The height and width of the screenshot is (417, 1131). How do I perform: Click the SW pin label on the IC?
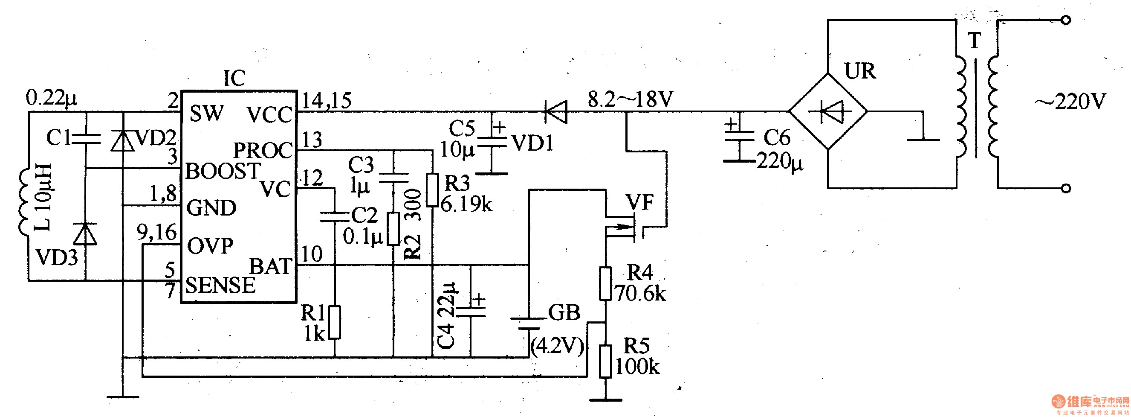207,114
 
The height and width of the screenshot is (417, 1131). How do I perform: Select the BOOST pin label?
223,171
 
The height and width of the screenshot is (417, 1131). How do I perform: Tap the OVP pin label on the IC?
210,245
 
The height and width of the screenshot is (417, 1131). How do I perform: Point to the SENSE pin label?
220,285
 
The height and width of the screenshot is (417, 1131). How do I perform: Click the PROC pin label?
263,150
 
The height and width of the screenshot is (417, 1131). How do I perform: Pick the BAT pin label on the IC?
271,267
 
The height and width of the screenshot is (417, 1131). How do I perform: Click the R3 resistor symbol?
432,190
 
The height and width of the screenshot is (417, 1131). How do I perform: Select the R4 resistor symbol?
605,283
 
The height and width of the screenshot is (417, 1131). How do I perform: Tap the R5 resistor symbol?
605,361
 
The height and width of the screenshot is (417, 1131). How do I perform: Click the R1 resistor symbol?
335,323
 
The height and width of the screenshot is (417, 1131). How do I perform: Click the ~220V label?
1070,102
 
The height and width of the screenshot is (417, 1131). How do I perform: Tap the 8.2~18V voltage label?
631,99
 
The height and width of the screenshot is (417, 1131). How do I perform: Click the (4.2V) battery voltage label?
558,347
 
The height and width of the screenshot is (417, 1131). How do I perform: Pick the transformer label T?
975,41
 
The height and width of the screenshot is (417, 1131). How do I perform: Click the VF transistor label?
640,202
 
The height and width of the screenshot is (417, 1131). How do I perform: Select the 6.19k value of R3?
466,204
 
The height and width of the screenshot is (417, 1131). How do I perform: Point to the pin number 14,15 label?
327,101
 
